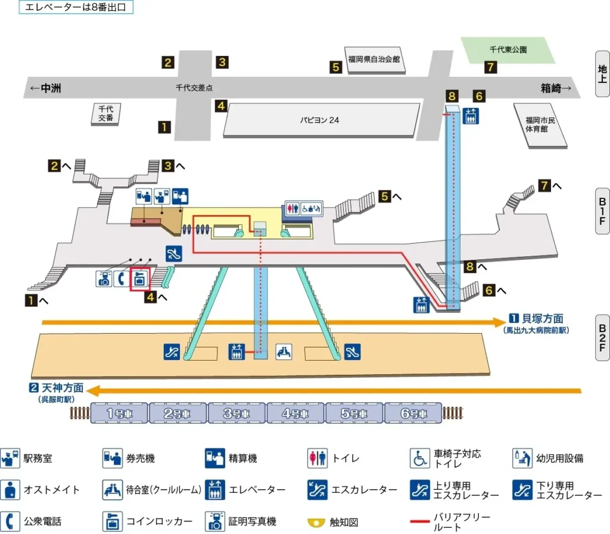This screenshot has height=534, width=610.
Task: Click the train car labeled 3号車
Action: (x=237, y=413)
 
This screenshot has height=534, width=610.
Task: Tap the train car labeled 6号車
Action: (x=413, y=413)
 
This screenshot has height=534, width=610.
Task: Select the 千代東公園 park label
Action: (x=508, y=50)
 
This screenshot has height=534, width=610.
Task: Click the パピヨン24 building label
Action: (x=319, y=119)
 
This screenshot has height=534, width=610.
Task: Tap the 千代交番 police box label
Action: (x=106, y=113)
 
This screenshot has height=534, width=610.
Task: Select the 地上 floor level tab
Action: (x=602, y=74)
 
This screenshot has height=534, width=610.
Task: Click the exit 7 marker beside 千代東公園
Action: (x=490, y=67)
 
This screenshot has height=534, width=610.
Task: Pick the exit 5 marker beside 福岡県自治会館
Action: (x=337, y=67)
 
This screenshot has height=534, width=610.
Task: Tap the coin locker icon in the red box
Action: (x=140, y=278)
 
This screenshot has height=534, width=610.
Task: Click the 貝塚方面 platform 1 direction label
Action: (x=536, y=319)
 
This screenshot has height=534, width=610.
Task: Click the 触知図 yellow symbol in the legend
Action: (x=316, y=523)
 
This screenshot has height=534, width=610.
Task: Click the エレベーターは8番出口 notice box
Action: (x=76, y=8)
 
